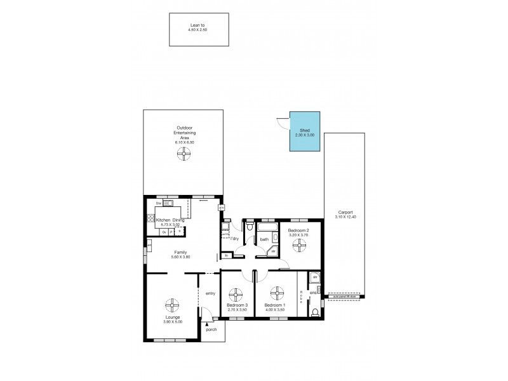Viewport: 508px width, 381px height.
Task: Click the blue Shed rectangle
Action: point(305,132)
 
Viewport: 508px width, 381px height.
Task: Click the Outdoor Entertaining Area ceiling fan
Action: point(184,154)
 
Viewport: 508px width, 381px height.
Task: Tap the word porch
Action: point(211,330)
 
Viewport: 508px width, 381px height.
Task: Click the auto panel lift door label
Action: point(345,297)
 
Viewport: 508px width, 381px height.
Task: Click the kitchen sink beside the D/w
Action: point(168,203)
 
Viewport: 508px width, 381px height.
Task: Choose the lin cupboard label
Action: point(227,255)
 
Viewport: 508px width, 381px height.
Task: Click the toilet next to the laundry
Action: point(250,227)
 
